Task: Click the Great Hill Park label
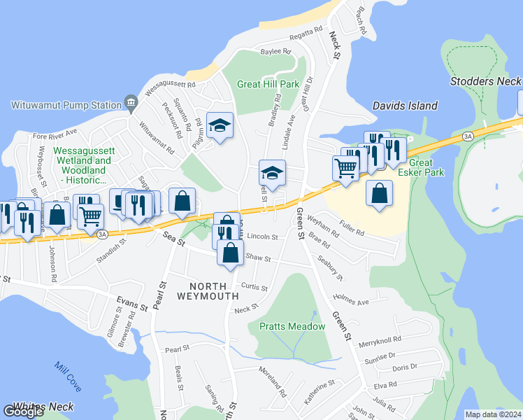[268, 84]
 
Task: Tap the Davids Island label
[405, 106]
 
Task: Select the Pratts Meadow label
[292, 326]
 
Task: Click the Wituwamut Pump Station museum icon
[131, 104]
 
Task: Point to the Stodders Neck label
[485, 81]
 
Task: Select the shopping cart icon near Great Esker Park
[345, 168]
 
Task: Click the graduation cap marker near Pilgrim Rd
[220, 126]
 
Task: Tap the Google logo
[23, 412]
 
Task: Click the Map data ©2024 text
[494, 414]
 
